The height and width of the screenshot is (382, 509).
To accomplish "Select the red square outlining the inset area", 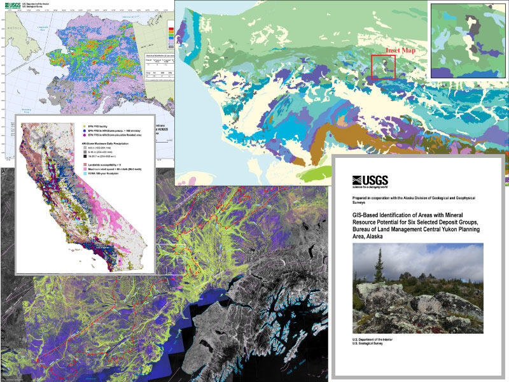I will pos(383,67).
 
